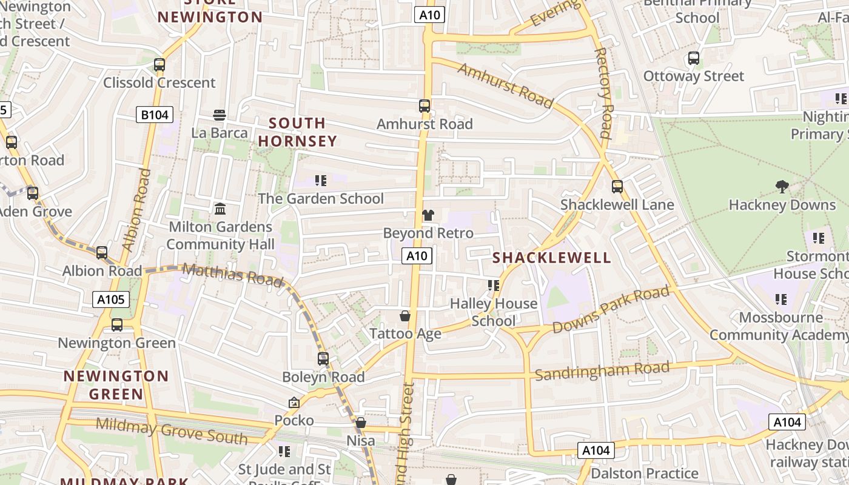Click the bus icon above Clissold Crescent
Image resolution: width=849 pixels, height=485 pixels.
159,64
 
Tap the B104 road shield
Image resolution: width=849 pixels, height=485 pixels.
155,115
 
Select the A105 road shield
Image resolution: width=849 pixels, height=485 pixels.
111,299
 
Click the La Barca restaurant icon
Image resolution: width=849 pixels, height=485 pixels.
220,115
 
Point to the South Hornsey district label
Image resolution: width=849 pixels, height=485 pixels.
297,132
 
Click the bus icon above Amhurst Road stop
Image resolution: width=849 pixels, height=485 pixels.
424,106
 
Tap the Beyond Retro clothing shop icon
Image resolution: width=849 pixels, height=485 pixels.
428,215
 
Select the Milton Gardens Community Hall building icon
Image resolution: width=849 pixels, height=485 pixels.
220,209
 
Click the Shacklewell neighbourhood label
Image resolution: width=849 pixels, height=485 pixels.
552,258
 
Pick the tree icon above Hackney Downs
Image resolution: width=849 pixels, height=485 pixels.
782,187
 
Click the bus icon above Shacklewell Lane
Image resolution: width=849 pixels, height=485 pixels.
617,187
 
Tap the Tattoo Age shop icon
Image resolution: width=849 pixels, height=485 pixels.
405,316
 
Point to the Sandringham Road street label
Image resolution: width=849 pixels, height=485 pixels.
602,370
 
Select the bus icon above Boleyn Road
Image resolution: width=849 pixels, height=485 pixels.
323,359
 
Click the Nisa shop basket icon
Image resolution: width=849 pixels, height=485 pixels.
361,423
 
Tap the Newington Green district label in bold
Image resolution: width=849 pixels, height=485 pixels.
116,385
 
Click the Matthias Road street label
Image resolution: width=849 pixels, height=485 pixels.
232,275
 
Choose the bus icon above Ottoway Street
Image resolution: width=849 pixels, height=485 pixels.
694,59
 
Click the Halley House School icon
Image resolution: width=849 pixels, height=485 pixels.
494,285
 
